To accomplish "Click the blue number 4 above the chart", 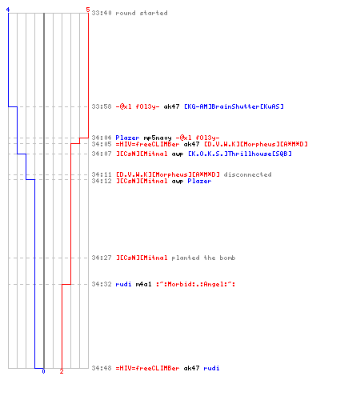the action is (x=8, y=10).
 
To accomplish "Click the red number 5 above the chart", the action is (x=88, y=10).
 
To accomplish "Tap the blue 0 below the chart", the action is (x=43, y=371).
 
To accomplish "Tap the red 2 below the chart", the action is (x=62, y=371).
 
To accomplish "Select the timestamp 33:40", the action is (x=102, y=13).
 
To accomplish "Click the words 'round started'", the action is (x=142, y=13).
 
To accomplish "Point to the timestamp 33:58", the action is (x=102, y=106).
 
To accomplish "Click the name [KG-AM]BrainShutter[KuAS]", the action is (x=234, y=106).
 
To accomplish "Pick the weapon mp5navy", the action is (x=158, y=138).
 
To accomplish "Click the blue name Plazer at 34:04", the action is (x=127, y=138).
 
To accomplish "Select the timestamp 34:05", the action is (x=102, y=144).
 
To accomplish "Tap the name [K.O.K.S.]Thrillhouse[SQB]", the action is (x=240, y=154).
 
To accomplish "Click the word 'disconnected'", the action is (x=247, y=174).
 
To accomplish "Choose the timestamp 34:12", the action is (x=102, y=181).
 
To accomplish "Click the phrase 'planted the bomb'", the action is (x=203, y=258).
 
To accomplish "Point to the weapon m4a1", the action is (x=143, y=284).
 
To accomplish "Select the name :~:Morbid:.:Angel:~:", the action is (x=196, y=284).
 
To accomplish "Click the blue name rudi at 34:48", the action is (x=211, y=368).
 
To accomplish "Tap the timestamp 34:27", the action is (x=102, y=258).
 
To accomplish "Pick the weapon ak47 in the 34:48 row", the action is (x=191, y=368).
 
